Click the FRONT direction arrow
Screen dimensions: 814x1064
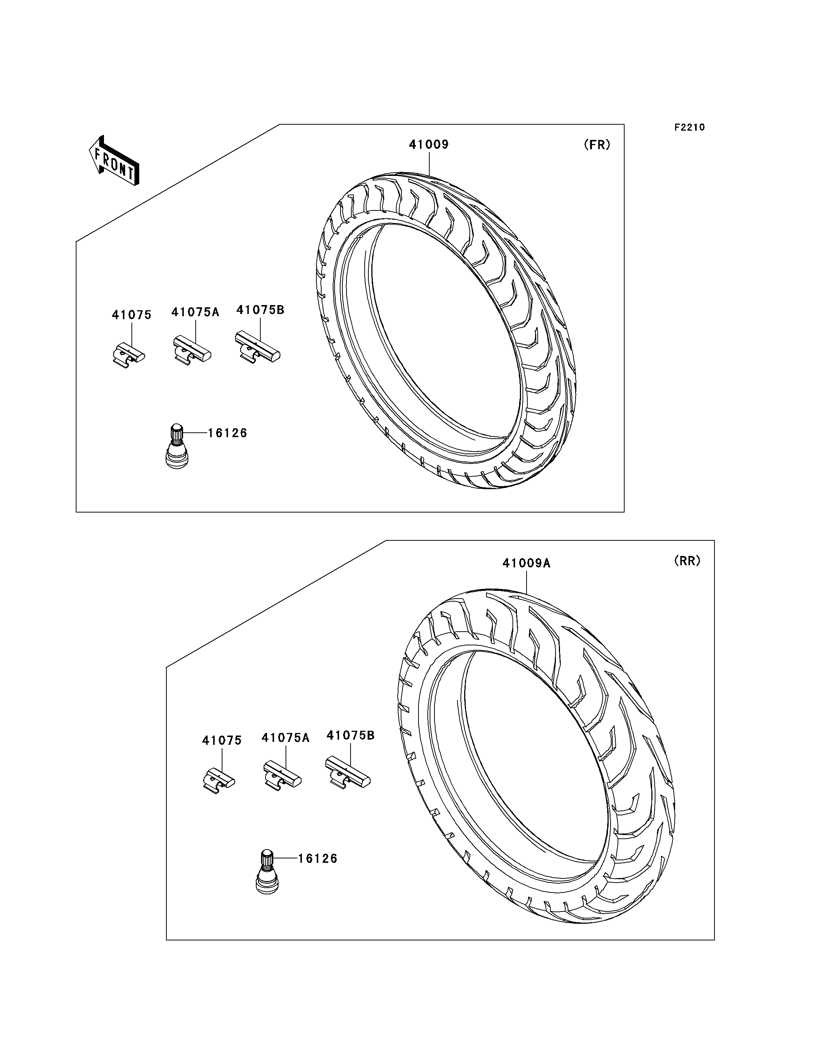click(x=114, y=161)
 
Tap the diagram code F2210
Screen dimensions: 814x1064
click(x=690, y=127)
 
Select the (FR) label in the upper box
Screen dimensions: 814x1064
click(x=597, y=145)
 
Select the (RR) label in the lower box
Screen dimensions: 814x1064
click(x=687, y=561)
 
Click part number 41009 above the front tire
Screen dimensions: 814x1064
click(x=429, y=144)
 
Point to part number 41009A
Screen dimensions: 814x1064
click(x=527, y=563)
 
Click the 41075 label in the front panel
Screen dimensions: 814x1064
click(x=132, y=315)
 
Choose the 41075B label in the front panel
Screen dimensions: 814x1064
click(x=260, y=310)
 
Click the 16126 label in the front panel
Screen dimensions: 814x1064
click(x=228, y=433)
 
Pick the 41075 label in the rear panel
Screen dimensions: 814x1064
click(x=222, y=740)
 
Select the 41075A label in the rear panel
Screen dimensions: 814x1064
click(x=286, y=737)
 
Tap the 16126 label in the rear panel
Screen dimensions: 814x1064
click(x=318, y=859)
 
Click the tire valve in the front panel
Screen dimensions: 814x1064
click(x=176, y=446)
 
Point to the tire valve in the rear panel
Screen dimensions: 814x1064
click(x=267, y=872)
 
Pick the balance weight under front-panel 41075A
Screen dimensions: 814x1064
click(x=192, y=350)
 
